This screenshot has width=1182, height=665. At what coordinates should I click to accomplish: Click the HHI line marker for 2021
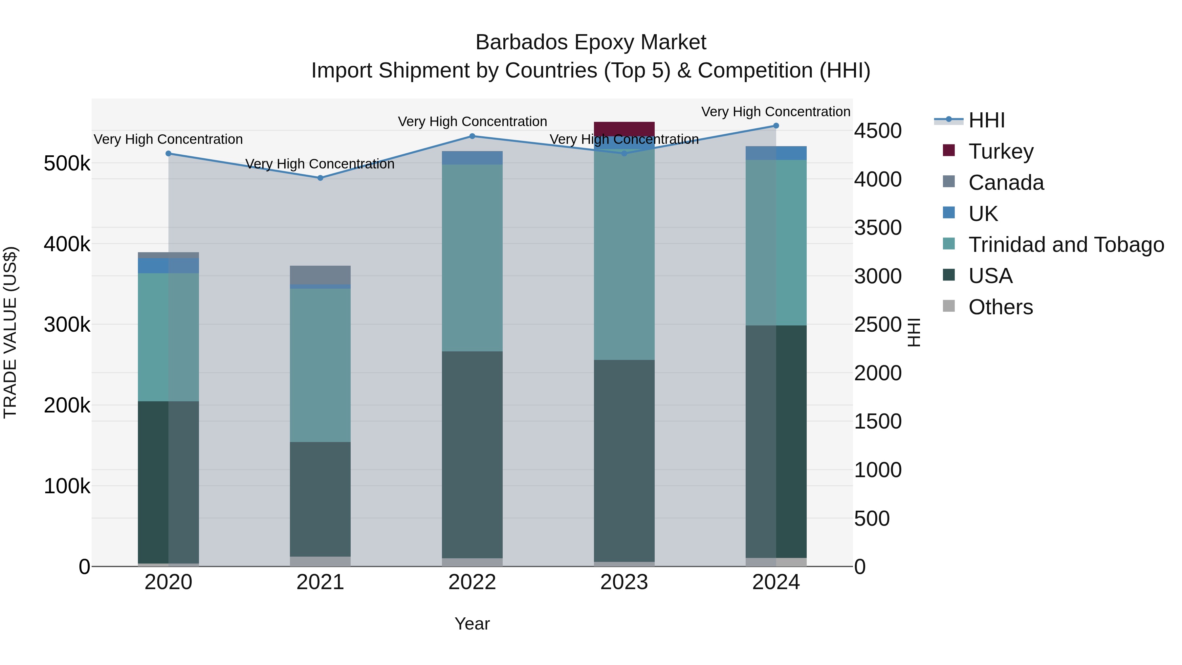320,178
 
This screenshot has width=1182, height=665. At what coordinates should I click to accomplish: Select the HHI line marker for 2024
776,126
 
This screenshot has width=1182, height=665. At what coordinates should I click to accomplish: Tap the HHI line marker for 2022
472,136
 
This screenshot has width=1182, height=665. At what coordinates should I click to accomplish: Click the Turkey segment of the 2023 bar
624,128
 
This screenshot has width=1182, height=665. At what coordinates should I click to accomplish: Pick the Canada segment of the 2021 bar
320,275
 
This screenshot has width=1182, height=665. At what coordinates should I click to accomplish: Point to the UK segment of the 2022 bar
472,157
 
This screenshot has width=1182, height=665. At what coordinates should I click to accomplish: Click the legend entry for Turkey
1000,151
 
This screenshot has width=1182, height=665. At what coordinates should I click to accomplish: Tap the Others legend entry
1000,307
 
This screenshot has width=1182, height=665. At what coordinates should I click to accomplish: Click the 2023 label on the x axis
624,582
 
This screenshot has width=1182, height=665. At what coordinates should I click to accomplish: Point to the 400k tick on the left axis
67,244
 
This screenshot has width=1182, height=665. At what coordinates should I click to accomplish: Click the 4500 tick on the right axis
877,131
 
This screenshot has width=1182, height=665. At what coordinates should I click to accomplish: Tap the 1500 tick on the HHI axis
877,421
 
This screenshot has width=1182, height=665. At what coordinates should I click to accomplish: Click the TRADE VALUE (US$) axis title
11,332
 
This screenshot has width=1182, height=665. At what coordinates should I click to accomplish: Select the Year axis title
472,624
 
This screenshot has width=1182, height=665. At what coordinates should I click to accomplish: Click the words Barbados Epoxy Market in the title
591,42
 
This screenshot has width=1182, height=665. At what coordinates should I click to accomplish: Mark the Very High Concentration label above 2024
776,112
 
